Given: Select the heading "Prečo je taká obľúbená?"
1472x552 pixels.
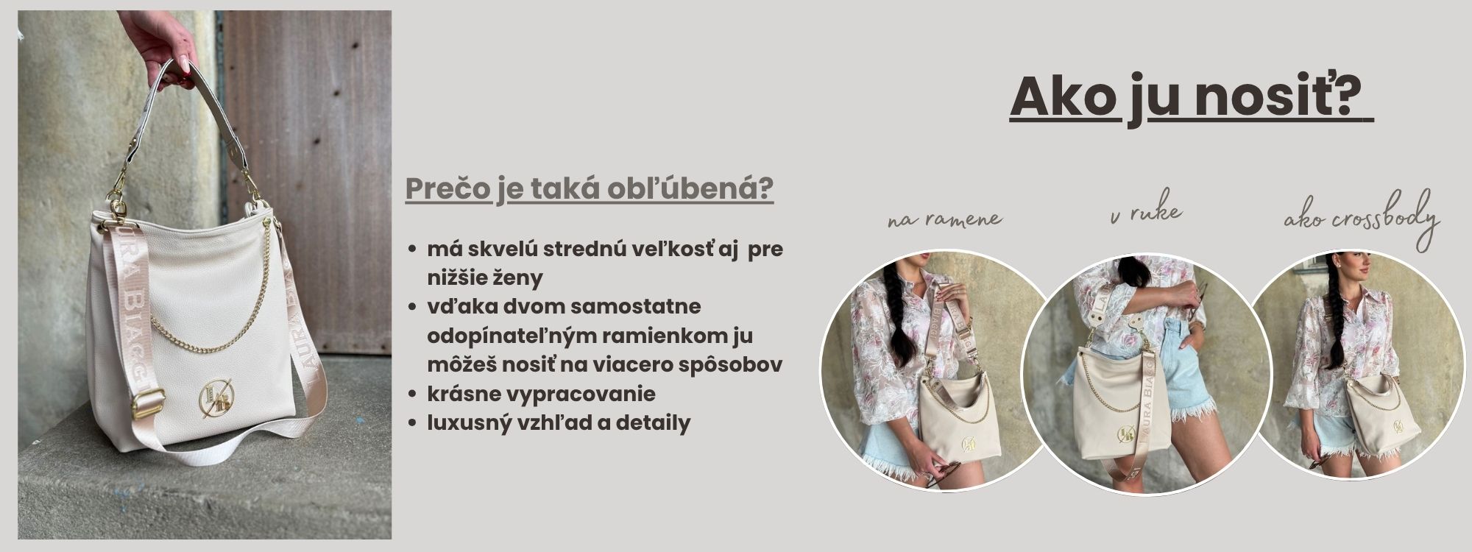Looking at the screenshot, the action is (589, 189).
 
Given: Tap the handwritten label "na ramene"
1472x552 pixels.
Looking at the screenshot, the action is (945, 219).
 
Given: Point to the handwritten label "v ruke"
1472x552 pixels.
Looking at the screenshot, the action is (1145, 212).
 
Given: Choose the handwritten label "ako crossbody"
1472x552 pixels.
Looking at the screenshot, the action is (1362, 219).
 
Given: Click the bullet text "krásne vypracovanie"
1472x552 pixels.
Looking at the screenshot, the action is (541, 394).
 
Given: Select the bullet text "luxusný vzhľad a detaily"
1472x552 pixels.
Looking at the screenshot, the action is (559, 423).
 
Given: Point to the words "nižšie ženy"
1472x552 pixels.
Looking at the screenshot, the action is (485, 278).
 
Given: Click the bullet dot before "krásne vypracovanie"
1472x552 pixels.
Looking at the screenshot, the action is (414, 395).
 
